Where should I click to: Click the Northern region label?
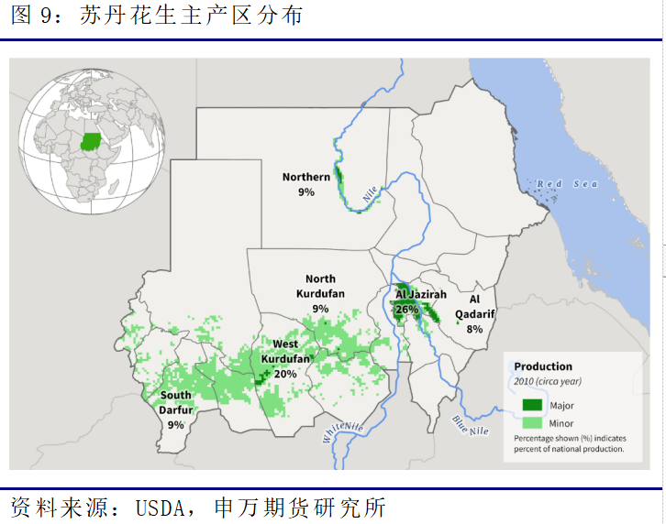click(x=305, y=177)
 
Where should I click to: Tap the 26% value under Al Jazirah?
click(x=406, y=310)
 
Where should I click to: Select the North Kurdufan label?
click(x=320, y=286)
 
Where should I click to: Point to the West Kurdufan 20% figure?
click(x=285, y=374)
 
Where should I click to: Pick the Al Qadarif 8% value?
click(x=474, y=329)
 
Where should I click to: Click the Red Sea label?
click(x=567, y=185)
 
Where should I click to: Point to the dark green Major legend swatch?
click(x=533, y=405)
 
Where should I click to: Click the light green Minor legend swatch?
click(x=533, y=423)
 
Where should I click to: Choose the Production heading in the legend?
click(x=543, y=366)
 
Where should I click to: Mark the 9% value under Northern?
click(x=305, y=192)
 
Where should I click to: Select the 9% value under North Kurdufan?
click(x=320, y=309)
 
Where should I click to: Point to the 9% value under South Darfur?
click(x=176, y=424)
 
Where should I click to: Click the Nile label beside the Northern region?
click(x=370, y=194)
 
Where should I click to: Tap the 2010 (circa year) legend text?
click(x=547, y=381)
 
